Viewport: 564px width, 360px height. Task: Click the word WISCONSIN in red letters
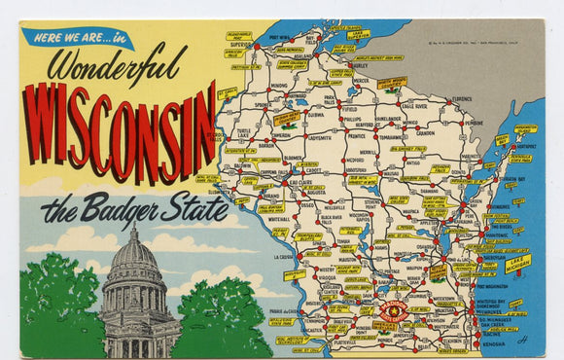[119, 131]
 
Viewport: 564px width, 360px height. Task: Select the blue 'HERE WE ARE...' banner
[77, 38]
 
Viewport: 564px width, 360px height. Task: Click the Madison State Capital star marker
[395, 311]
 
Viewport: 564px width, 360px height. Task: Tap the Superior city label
[240, 44]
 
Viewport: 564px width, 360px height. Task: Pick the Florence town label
[461, 98]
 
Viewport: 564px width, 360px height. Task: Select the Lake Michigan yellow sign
[518, 262]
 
